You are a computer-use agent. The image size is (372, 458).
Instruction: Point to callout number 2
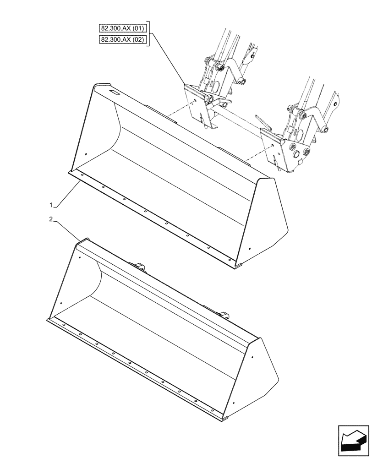52,219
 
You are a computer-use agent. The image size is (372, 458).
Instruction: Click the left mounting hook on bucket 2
138,266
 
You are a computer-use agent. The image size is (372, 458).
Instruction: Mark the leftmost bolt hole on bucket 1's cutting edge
82,174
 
